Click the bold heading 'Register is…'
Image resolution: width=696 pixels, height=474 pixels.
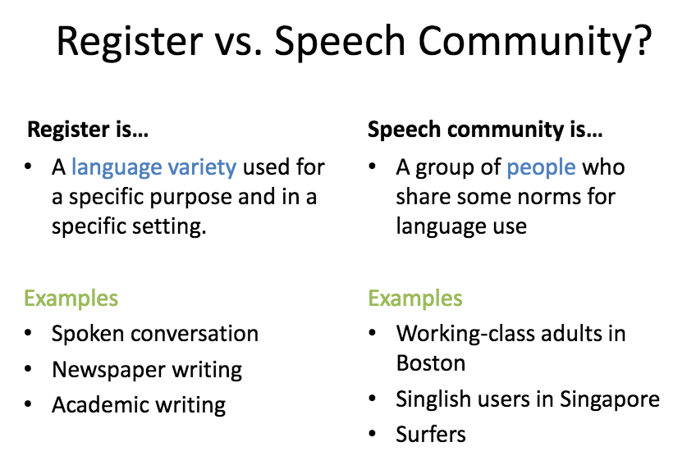tap(88, 129)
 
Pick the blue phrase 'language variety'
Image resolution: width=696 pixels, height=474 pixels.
tap(153, 168)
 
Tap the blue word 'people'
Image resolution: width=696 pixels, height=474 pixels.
tap(541, 168)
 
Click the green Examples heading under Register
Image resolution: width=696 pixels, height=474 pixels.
tap(71, 298)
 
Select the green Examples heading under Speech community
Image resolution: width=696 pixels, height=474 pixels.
tap(415, 298)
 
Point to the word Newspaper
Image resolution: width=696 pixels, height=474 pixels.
tap(99, 370)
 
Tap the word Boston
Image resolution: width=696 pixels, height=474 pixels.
tap(431, 362)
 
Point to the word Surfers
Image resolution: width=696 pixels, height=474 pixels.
tap(431, 434)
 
